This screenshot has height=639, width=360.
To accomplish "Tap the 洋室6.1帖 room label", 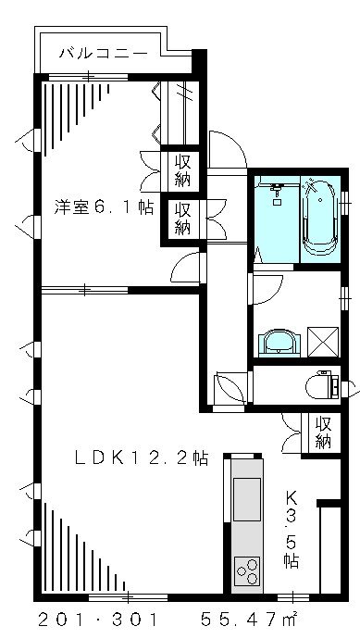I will [103, 207].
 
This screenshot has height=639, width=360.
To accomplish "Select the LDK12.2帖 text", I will [141, 457].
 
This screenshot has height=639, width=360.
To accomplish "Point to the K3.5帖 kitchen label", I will [291, 528].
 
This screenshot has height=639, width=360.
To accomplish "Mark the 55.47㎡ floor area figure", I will [249, 617].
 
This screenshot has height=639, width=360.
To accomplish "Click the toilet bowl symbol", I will [322, 383].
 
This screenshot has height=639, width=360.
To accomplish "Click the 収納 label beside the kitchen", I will [323, 432].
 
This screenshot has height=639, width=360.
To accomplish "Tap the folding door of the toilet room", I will [228, 387].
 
